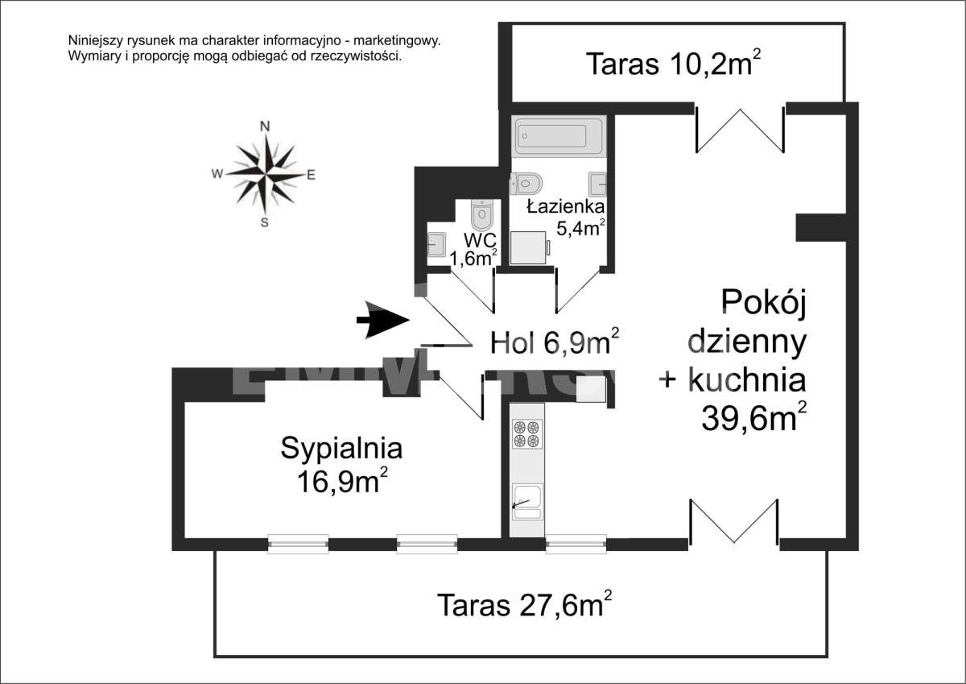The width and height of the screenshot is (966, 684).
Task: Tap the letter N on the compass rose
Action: click(x=264, y=125)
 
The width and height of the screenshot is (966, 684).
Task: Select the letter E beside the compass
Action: click(x=311, y=174)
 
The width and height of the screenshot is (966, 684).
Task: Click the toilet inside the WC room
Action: click(x=481, y=214)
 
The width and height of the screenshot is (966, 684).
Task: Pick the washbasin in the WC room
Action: click(x=436, y=243)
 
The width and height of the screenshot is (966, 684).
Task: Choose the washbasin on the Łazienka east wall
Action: click(x=597, y=184)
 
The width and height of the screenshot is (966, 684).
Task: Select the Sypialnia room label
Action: click(x=341, y=449)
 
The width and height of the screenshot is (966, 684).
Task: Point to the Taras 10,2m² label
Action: click(x=673, y=64)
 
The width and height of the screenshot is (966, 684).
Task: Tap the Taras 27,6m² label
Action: click(x=524, y=603)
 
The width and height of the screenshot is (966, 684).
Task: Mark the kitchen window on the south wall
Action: click(x=576, y=545)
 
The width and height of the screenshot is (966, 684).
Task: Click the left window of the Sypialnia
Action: click(x=298, y=545)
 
